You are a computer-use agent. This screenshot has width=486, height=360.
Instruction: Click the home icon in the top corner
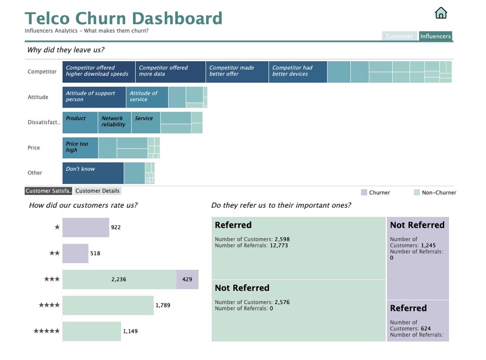click(441, 13)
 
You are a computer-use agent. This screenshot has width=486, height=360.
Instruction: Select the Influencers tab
click(435, 36)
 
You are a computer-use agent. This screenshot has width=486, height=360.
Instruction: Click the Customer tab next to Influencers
click(399, 36)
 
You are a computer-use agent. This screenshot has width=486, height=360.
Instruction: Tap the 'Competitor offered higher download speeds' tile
click(99, 72)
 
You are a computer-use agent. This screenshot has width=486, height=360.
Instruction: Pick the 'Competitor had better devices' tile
click(298, 72)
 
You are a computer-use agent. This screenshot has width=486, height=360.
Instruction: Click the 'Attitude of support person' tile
click(94, 97)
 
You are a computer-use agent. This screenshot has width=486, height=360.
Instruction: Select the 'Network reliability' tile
click(114, 122)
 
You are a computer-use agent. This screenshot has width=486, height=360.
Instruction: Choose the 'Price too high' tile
click(80, 148)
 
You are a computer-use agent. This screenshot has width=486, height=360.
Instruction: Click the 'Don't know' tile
click(93, 173)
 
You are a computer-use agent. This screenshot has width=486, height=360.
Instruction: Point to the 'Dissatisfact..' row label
click(44, 122)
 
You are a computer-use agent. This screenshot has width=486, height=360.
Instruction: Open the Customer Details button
click(97, 191)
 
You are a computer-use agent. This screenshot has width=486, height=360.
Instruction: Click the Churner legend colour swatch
click(364, 193)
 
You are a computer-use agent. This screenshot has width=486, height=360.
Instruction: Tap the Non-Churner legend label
click(439, 193)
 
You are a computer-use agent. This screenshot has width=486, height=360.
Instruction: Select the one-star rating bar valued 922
click(85, 227)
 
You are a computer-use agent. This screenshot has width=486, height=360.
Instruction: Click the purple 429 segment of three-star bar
click(187, 279)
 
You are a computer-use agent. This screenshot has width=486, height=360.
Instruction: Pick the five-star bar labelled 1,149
click(92, 331)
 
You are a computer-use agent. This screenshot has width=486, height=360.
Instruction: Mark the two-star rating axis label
click(55, 253)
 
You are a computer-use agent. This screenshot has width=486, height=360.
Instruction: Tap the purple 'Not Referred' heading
click(417, 225)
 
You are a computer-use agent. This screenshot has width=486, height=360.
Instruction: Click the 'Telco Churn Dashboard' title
click(123, 18)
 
